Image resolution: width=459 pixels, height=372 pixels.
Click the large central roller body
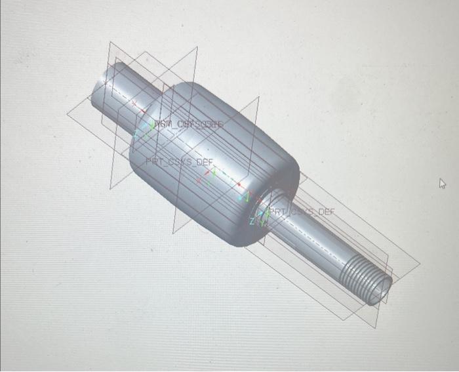coord(210,157)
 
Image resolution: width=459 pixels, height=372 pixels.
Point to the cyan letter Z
coord(251,222)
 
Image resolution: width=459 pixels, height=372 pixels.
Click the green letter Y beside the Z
coord(260,222)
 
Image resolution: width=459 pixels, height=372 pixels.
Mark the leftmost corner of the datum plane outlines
coord(67,113)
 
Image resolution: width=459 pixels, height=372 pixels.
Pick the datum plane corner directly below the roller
coord(173,234)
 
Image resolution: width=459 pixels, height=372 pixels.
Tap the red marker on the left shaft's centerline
coord(134,103)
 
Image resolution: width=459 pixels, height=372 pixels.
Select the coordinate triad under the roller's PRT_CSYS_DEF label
coord(209,175)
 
